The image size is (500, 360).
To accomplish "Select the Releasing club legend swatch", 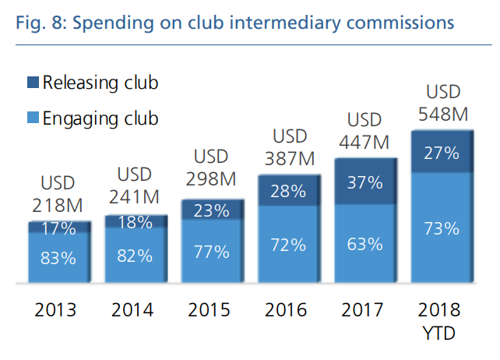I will coord(33,82).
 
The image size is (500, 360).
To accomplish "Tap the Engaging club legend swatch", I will coord(33,118).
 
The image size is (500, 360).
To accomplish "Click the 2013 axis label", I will coord(58,309).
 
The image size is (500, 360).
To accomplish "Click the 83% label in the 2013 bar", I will coord(58,258).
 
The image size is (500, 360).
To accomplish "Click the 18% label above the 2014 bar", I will coord(134,221).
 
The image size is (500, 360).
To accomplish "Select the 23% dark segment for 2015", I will coord(211,210).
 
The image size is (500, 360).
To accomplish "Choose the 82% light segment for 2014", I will coord(134,255).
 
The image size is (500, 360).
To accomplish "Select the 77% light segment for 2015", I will coord(211,251).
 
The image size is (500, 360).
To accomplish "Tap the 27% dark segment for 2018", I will coord(441,153).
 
